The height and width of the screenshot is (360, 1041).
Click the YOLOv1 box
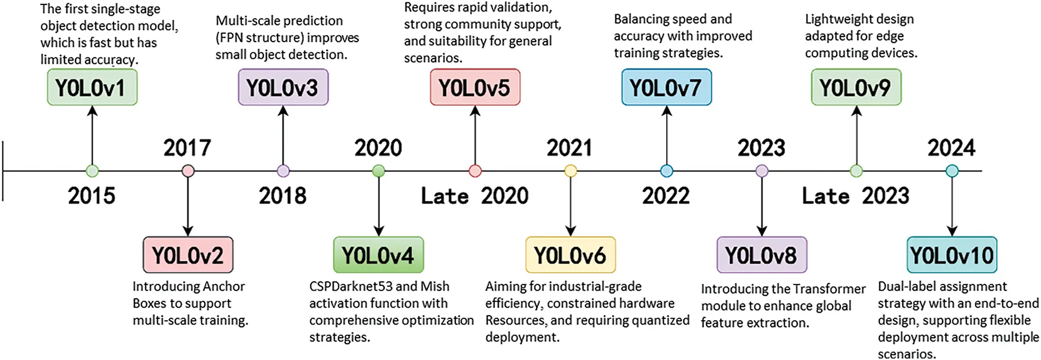[92, 87]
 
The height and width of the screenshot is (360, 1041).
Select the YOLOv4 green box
[378, 255]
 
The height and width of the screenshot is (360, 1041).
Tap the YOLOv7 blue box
[666, 87]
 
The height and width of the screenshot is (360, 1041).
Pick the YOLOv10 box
[951, 255]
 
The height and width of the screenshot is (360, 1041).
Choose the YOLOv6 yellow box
[570, 255]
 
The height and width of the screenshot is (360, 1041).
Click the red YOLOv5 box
[475, 87]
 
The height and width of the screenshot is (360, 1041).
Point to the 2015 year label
[91, 196]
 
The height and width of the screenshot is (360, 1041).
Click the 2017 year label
[187, 147]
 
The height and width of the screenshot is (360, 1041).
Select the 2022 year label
[666, 196]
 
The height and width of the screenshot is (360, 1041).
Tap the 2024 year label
[951, 147]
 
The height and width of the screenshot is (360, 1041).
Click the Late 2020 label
[474, 196]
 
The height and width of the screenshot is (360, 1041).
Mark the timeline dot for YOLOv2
[188, 171]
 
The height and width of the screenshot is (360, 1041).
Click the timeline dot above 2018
[283, 171]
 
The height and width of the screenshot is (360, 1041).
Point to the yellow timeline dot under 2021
[571, 171]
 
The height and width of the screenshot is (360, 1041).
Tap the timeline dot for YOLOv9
[856, 171]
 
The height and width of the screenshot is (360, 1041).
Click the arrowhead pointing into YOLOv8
[762, 231]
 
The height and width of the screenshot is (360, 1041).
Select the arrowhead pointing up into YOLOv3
[283, 111]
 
